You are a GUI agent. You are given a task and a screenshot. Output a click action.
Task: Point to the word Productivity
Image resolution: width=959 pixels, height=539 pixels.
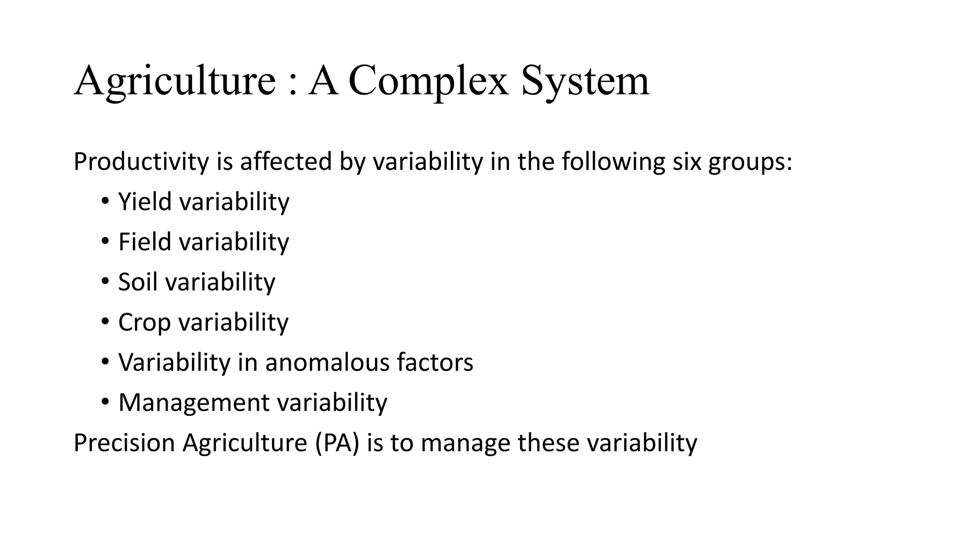coord(141,162)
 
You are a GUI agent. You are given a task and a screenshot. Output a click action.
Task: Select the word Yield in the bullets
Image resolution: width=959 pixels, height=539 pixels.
coord(145,202)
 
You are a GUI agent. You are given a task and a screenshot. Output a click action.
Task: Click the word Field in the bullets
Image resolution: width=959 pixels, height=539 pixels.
coord(145,242)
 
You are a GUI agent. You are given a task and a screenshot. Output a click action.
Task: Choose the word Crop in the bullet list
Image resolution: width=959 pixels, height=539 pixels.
coord(144,323)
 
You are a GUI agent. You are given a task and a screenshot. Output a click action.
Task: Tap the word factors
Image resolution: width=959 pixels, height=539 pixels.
coord(435,363)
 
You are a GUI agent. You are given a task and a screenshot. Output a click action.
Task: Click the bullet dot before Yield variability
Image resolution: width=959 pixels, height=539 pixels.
coord(105,202)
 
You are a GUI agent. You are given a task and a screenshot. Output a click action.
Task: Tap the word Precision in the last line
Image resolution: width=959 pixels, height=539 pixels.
coord(124,443)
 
